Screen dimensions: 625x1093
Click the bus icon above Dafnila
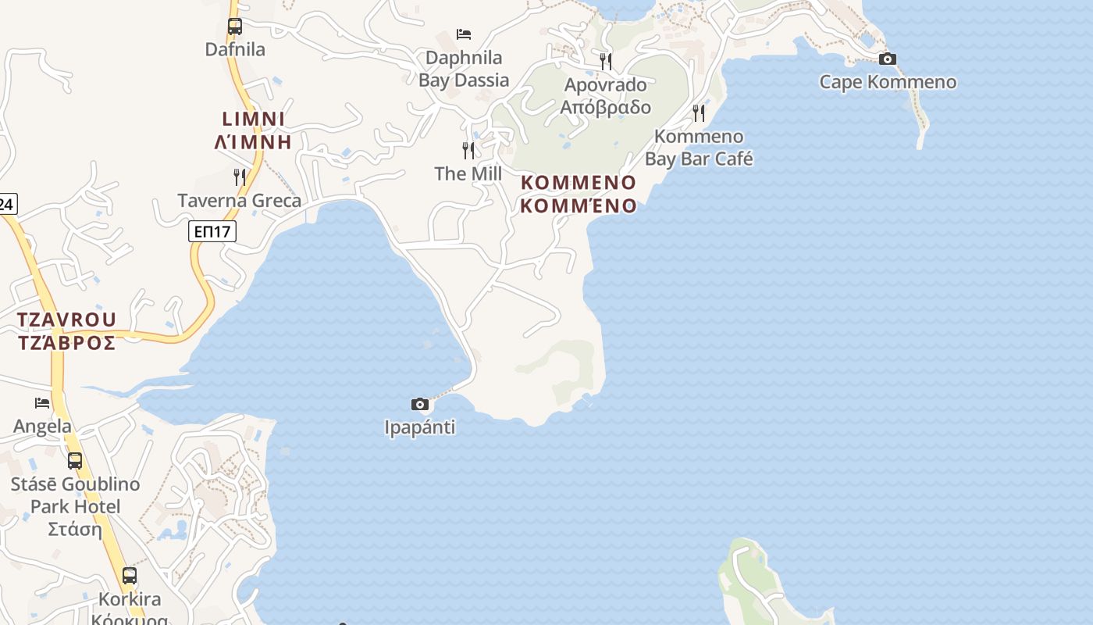pos(234,26)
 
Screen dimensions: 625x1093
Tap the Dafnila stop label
pos(235,49)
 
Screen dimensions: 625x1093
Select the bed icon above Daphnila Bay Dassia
pos(464,34)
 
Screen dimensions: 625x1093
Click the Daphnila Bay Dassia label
pos(464,69)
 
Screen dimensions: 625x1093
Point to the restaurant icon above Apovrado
pos(606,61)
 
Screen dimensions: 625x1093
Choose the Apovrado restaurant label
pos(606,95)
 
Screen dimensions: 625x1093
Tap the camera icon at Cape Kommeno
pos(887,59)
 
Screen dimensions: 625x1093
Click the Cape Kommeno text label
pos(888,82)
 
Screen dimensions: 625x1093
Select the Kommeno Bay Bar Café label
pos(699,148)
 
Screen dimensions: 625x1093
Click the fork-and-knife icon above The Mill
pos(468,150)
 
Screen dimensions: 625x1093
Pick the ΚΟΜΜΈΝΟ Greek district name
pos(579,206)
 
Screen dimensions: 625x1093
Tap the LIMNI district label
pos(253,120)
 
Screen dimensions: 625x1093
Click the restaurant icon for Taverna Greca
pos(240,177)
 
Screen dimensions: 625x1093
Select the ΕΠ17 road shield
pos(212,231)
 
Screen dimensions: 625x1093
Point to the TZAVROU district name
pos(67,320)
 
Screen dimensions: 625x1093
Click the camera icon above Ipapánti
pos(420,404)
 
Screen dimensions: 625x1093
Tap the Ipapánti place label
pos(420,427)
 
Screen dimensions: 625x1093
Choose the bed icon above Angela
pos(42,403)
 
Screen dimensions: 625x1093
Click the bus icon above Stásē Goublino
pos(75,461)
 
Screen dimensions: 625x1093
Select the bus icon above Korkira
pos(130,576)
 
